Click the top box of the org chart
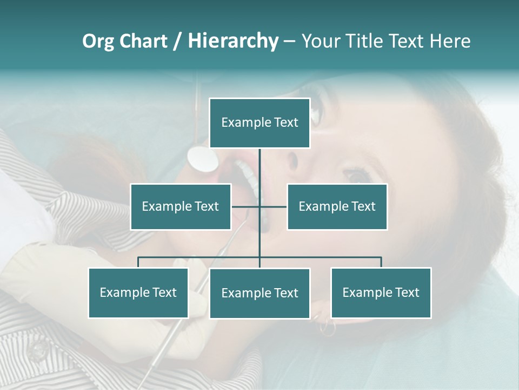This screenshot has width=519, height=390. pyautogui.click(x=259, y=123)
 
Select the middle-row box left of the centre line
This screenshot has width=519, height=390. pyautogui.click(x=181, y=206)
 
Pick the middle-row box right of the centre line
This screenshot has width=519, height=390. pyautogui.click(x=337, y=206)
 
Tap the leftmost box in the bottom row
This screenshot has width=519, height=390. pyautogui.click(x=138, y=292)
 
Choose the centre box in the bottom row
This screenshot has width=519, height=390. pyautogui.click(x=259, y=293)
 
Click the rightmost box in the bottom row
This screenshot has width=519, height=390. pyautogui.click(x=381, y=292)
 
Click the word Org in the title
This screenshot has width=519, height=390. pyautogui.click(x=98, y=41)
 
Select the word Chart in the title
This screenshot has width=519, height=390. pyautogui.click(x=143, y=41)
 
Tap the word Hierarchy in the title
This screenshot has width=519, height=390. pyautogui.click(x=233, y=41)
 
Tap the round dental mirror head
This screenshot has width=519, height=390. pyautogui.click(x=203, y=158)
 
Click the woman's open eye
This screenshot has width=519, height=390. pyautogui.click(x=357, y=175)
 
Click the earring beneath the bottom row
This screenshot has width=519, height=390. pyautogui.click(x=327, y=327)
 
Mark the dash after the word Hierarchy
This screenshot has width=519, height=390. pyautogui.click(x=290, y=41)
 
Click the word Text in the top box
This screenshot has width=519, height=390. pyautogui.click(x=286, y=122)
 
